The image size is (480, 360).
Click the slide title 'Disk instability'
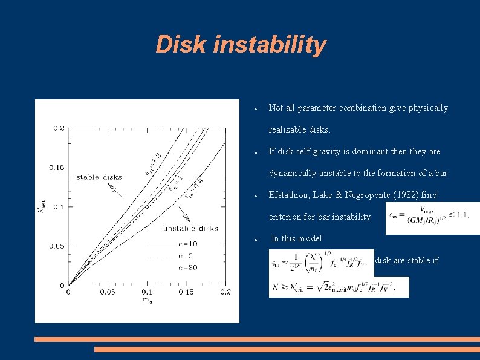tap(241, 45)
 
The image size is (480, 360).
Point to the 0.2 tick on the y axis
tap(59, 128)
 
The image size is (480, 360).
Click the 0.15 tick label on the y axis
tap(57, 167)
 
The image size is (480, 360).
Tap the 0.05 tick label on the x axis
tap(108, 292)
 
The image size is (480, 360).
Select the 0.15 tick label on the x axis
tap(186, 292)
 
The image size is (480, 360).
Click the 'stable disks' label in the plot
tap(99, 177)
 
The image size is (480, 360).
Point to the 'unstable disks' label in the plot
tap(190, 228)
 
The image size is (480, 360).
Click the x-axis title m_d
tap(147, 299)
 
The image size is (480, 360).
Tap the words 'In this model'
tap(296, 238)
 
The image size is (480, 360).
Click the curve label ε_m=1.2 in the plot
tap(153, 164)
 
